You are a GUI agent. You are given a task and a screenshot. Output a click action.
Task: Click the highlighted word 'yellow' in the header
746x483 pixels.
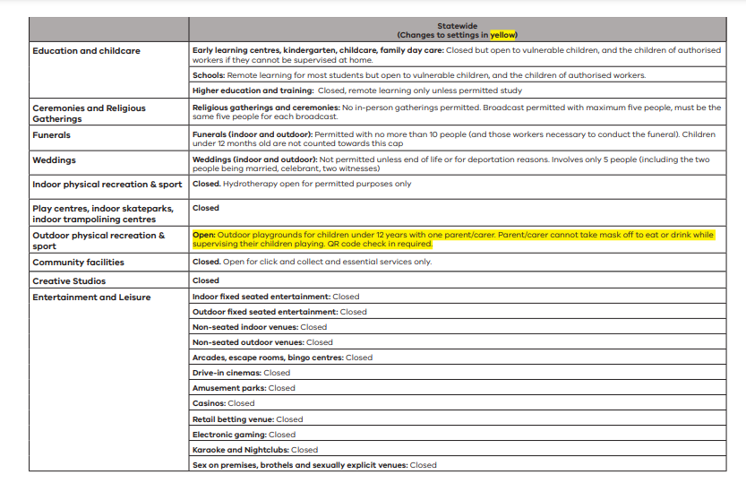click(503, 35)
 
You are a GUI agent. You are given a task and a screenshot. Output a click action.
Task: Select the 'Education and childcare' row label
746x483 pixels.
click(86, 51)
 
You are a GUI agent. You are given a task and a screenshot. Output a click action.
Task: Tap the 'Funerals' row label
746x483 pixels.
click(52, 135)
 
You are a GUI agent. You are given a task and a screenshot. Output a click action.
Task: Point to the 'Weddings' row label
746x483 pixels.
click(55, 160)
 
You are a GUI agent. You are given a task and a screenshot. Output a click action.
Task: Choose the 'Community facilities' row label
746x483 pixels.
click(79, 263)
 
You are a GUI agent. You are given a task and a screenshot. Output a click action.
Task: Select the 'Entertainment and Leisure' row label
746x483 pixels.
click(91, 297)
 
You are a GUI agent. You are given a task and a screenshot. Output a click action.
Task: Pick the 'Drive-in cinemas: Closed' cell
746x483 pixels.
click(242, 373)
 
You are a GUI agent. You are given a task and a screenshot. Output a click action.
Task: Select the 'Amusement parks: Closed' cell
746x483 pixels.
click(244, 388)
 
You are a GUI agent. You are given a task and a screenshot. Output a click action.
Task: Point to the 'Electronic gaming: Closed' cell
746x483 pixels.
click(244, 435)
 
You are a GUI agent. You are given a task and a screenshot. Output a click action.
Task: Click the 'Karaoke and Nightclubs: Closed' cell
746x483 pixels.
click(255, 450)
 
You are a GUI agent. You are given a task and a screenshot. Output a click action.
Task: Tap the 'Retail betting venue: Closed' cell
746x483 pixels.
click(248, 419)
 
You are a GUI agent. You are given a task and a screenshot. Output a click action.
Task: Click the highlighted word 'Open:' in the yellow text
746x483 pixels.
click(204, 234)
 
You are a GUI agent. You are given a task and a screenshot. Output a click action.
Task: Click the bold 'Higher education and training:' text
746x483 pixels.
click(252, 91)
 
